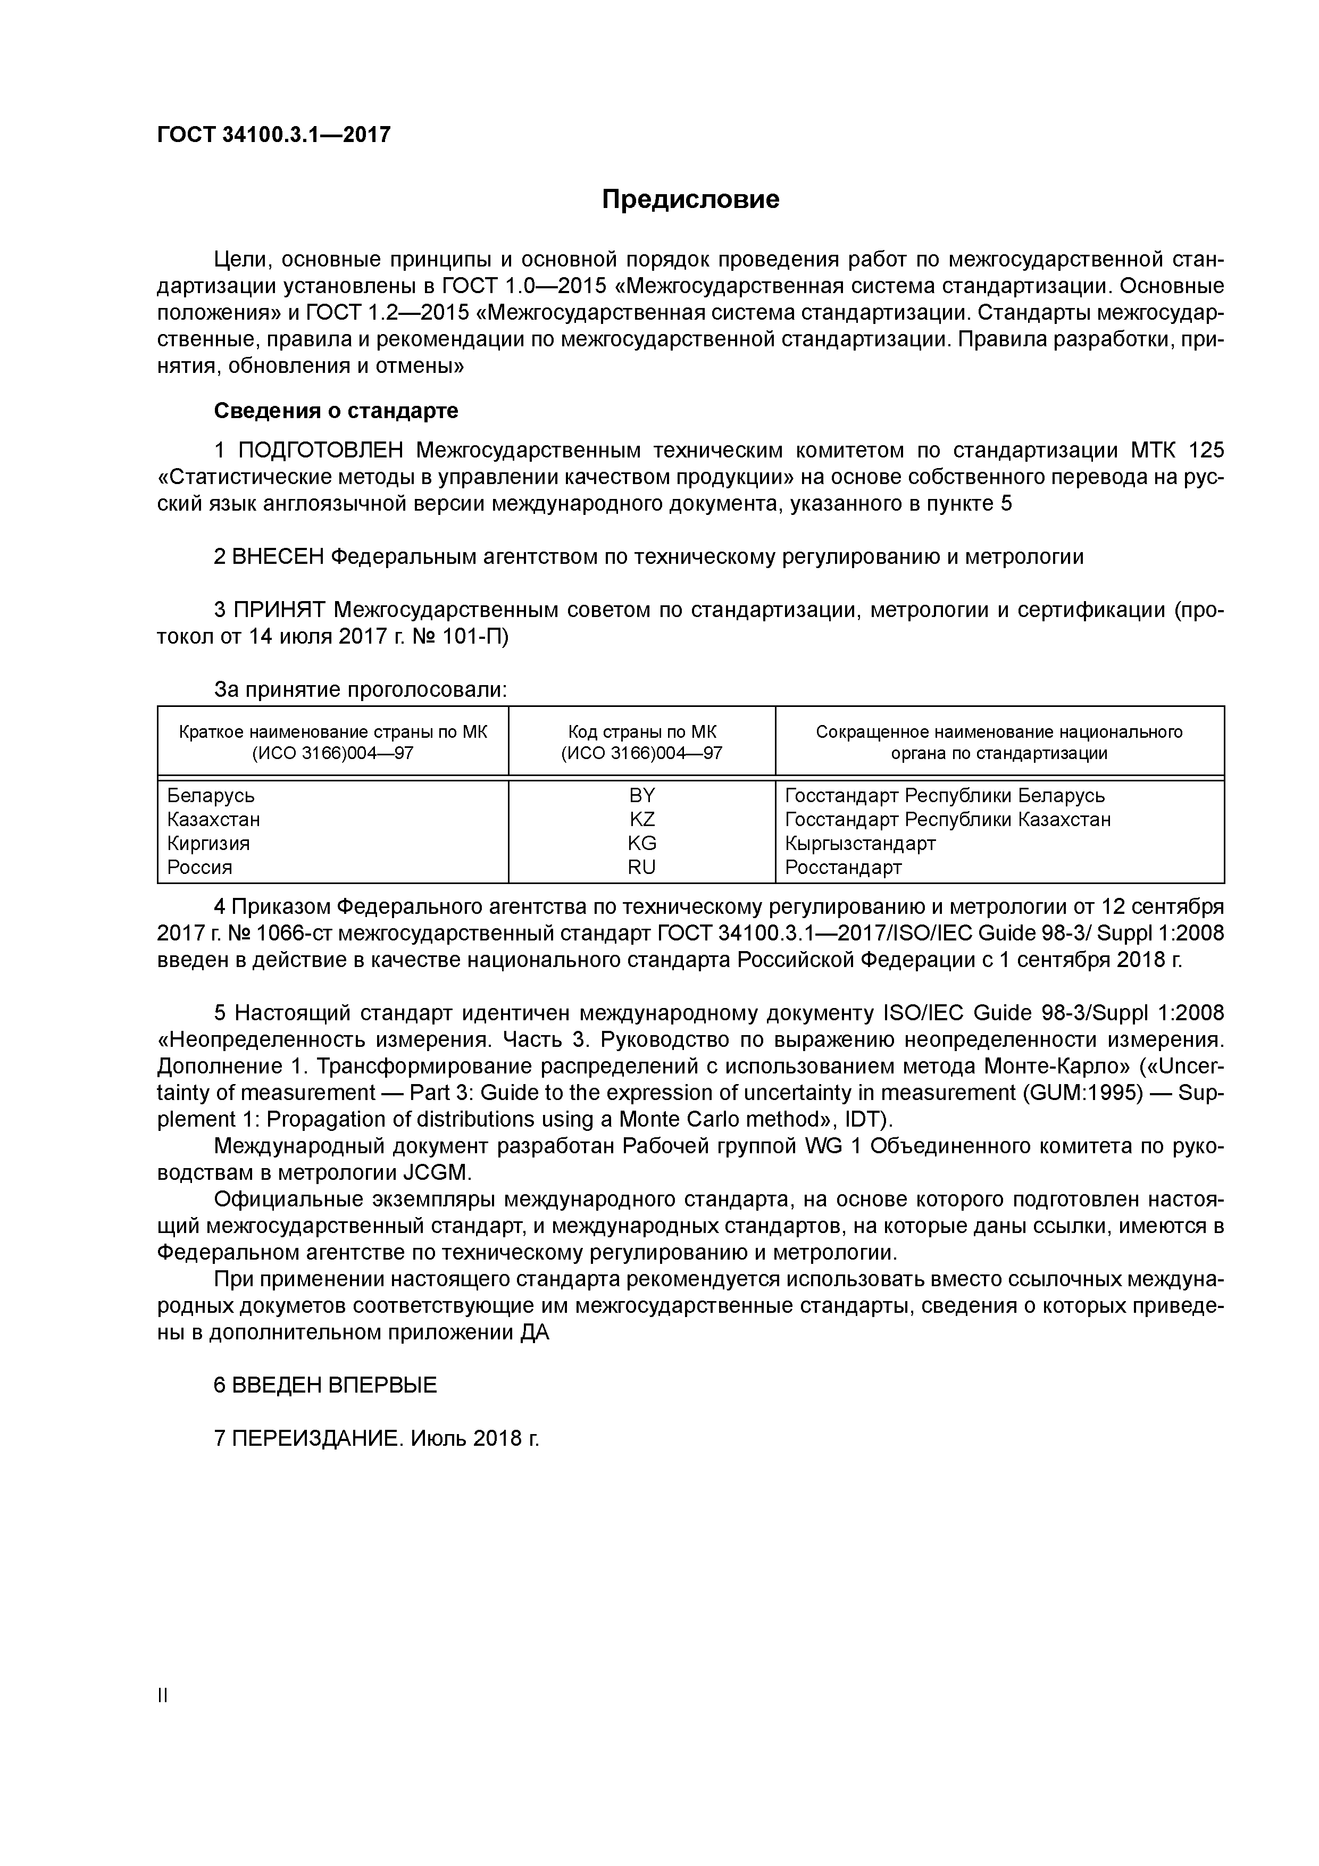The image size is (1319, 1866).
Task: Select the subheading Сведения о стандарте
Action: (x=336, y=411)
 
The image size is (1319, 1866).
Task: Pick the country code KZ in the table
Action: (x=641, y=819)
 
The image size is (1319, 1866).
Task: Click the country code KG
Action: (x=641, y=844)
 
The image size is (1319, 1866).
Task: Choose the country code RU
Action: (x=641, y=867)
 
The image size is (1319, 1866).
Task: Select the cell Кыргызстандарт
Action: (x=860, y=844)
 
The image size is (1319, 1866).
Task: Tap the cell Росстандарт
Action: (x=843, y=867)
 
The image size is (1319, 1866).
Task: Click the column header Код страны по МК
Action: (x=641, y=732)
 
